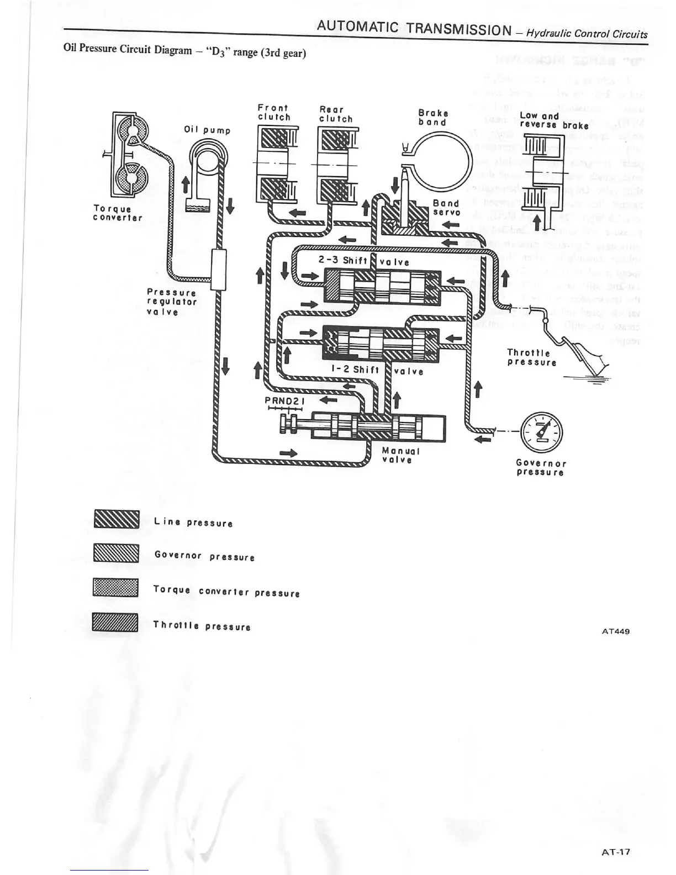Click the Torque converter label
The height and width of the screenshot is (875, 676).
pos(117,213)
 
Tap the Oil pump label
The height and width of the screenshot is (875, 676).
pos(207,130)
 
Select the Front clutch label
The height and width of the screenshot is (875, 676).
pos(274,112)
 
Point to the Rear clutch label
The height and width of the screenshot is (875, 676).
pos(336,114)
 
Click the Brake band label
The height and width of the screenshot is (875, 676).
pos(433,117)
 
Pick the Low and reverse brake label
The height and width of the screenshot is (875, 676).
pos(554,120)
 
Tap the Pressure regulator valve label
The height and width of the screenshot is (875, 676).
pos(171,302)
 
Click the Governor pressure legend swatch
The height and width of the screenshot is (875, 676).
pos(116,553)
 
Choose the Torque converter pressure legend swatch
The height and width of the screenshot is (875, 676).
pos(115,588)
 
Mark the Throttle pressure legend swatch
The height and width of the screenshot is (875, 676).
pos(115,623)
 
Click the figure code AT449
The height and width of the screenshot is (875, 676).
pos(615,631)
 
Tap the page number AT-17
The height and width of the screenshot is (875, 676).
pos(615,852)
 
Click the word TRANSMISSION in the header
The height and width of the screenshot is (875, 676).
pos(458,29)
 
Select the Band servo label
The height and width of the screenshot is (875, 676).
pos(446,208)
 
